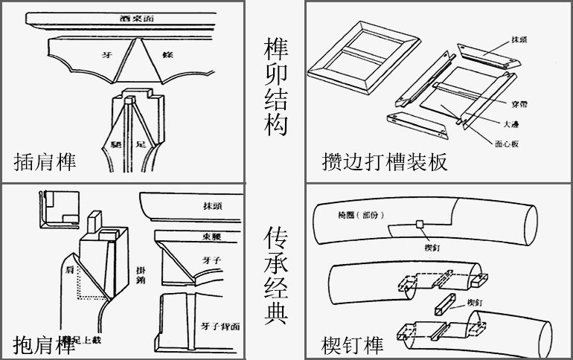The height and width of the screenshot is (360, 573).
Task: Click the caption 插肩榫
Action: coord(45,161)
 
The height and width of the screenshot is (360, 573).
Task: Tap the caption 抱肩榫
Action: coord(45,344)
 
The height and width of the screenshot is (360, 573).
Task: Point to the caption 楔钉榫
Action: coord(353,344)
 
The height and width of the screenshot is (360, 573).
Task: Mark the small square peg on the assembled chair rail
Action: coord(420,224)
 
